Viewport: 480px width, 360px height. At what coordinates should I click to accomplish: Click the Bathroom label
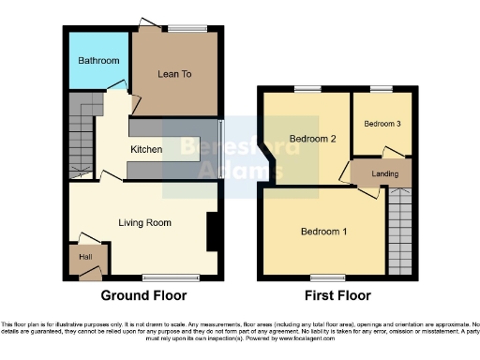pos(98,61)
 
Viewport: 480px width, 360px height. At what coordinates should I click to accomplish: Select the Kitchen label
pos(146,149)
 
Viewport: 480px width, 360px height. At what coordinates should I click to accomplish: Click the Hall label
pos(86,255)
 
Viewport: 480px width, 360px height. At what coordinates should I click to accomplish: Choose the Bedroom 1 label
pos(323,231)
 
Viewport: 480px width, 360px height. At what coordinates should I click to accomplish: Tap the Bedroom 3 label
pos(381,124)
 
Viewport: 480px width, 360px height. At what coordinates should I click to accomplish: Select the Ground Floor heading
pos(143,295)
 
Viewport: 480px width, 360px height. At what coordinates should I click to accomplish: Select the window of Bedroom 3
pos(381,89)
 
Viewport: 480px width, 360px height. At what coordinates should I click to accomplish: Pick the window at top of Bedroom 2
pos(306,89)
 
